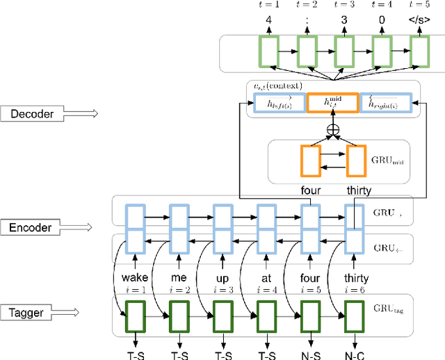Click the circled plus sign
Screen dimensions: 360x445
[332, 129]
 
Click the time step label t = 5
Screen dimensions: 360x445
[419, 6]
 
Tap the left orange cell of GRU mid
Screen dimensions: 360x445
[309, 160]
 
